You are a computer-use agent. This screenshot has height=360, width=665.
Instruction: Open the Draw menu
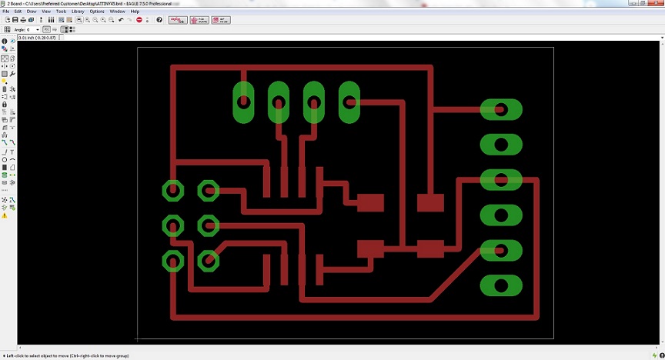[x=32, y=12]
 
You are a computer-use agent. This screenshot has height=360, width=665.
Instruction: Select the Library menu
[x=78, y=12]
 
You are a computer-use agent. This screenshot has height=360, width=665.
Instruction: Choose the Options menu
[x=97, y=12]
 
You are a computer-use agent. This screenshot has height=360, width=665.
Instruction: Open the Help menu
[x=135, y=12]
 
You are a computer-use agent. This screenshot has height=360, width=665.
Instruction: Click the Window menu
[x=117, y=12]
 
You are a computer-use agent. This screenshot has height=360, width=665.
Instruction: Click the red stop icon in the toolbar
[x=139, y=19]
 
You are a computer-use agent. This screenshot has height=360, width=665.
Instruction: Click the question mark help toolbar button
[x=159, y=19]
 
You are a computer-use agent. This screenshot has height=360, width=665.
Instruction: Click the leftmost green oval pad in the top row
[x=243, y=102]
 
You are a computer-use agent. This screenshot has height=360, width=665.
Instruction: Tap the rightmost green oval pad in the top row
[x=349, y=102]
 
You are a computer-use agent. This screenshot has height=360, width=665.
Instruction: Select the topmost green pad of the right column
[x=501, y=109]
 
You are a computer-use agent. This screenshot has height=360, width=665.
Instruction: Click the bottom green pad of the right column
[x=501, y=286]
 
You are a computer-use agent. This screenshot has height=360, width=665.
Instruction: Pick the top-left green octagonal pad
[x=173, y=190]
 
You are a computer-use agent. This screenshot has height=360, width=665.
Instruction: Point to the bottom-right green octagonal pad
[x=209, y=261]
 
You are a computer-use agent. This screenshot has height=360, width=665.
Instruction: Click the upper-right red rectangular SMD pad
[x=430, y=202]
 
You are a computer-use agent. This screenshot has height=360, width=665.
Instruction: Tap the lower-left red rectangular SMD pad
[x=370, y=249]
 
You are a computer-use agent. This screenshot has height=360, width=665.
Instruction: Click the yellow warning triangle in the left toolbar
[x=5, y=216]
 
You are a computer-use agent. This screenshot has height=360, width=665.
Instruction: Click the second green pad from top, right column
[x=501, y=144]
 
